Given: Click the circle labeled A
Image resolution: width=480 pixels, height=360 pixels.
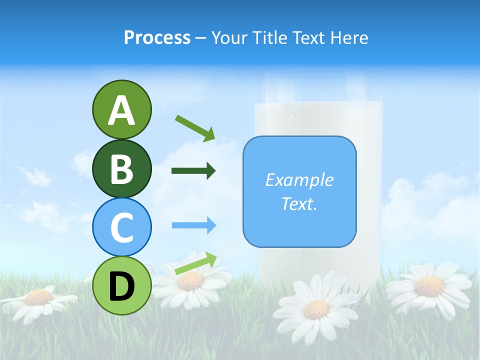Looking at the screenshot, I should (x=121, y=109).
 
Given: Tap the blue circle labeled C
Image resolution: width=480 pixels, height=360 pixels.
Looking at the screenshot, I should (x=121, y=226).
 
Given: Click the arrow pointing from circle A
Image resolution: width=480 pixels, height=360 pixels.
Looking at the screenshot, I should (x=195, y=127).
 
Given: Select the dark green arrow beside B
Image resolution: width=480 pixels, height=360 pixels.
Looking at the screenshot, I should (x=193, y=171).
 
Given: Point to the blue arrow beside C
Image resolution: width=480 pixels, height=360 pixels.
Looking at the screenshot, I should (x=193, y=225).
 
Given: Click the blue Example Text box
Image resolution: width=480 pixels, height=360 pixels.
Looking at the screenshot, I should (x=299, y=191).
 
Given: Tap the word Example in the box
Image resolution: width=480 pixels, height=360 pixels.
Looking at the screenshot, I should (x=299, y=180).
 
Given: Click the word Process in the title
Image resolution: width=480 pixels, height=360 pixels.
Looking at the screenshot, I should (x=157, y=37).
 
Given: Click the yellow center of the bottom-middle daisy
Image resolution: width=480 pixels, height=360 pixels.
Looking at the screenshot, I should (x=316, y=309).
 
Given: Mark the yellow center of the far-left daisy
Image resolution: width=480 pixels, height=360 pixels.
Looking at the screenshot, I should (x=38, y=297).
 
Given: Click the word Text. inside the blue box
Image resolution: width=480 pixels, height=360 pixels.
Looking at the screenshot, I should (x=299, y=203).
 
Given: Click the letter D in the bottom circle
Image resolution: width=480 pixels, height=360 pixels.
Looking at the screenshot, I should (x=121, y=286).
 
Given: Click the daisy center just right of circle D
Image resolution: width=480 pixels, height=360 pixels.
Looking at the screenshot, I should (x=190, y=281).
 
